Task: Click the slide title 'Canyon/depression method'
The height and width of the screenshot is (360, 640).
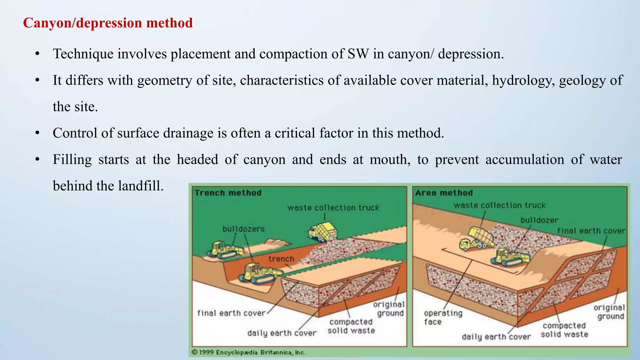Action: point(108,23)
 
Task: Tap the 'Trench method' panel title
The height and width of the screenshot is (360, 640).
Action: point(228,193)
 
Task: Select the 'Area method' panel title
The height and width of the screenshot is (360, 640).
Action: point(444,193)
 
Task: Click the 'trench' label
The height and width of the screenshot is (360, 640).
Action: point(281,259)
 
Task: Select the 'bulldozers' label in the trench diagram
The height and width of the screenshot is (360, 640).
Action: point(243,229)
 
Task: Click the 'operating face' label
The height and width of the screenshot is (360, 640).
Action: point(442,317)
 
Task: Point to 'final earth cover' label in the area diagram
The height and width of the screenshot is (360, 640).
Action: point(591,231)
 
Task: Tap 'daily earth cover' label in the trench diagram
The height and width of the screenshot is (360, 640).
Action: point(282,333)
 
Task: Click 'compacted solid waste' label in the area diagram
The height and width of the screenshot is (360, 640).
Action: point(564,330)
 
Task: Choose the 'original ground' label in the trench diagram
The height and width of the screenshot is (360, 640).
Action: point(389,309)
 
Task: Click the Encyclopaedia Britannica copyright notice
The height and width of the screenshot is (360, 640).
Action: point(248,352)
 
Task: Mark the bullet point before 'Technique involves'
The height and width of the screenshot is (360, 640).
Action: point(37,54)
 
